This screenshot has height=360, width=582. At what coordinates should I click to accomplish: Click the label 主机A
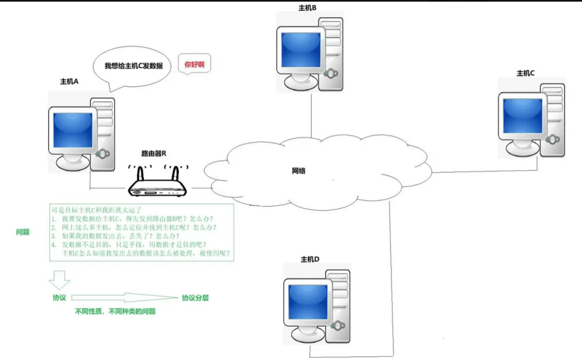coord(69,82)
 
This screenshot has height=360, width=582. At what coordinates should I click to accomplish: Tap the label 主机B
coord(307,8)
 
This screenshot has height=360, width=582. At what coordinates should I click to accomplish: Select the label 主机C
coord(525,73)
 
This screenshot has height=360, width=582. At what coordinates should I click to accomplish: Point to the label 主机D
coord(310,259)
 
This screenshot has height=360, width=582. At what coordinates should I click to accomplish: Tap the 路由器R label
coord(153,153)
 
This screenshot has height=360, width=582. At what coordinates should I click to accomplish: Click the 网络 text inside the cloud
coord(298,171)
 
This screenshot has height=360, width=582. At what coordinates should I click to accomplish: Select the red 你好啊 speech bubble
coord(194,64)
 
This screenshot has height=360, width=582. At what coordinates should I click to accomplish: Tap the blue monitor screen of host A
coord(73,130)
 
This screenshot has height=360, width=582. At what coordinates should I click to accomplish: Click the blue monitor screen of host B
coord(301,50)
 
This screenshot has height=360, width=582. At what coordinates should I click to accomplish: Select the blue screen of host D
coord(308,302)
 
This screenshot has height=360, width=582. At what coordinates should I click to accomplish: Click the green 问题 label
coord(23,232)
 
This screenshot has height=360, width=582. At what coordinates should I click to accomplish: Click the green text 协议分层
coord(195,298)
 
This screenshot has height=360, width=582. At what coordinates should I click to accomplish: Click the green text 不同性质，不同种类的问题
coord(116,311)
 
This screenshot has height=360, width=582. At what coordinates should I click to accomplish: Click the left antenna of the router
coord(140,174)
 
